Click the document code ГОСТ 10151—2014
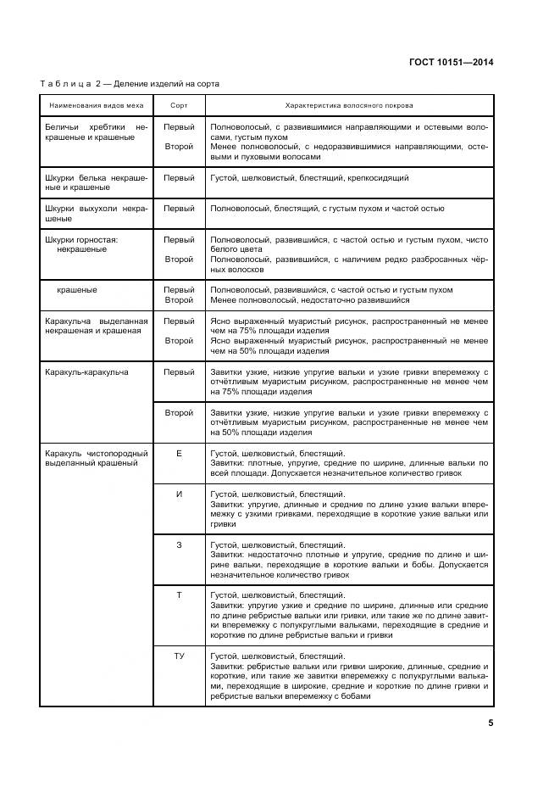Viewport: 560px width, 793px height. pos(452,62)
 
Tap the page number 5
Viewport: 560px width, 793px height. pos(491,723)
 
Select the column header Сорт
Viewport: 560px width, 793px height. pos(179,106)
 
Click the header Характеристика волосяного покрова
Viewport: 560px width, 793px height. pos(349,106)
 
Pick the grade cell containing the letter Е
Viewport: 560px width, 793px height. pos(179,454)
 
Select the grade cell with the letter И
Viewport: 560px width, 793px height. pos(179,494)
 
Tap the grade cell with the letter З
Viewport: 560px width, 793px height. pos(179,544)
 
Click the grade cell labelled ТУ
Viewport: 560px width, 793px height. pos(179,656)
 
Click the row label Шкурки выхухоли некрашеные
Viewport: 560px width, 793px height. pos(96,213)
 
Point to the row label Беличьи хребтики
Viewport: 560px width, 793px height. pos(96,131)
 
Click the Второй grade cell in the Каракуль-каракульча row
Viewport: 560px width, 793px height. pos(179,412)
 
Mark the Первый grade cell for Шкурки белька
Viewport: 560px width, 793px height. pos(179,178)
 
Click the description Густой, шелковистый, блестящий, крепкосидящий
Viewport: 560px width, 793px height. pos(309,178)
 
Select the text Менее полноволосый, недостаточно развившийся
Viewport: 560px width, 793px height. pos(309,300)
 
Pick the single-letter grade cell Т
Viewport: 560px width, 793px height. pos(179,595)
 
